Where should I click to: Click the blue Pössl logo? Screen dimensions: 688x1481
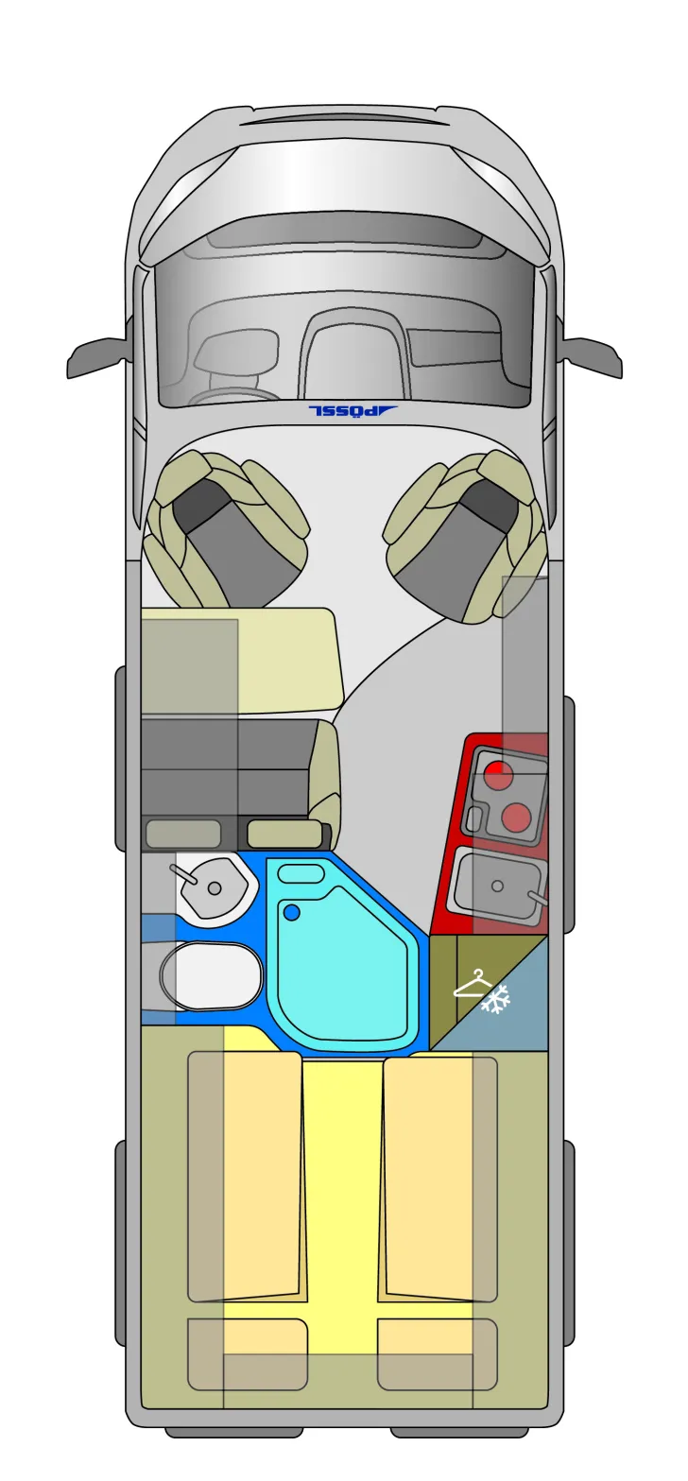coord(353,410)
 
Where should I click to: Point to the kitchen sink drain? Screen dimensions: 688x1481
coord(497,886)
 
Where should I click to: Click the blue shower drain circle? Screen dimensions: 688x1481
coord(291,913)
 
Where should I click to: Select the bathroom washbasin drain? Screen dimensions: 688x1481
coord(215,888)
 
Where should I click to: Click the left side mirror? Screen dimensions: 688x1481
coord(96,357)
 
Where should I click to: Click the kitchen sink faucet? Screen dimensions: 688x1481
coord(538,897)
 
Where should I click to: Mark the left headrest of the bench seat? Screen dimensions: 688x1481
coord(183,834)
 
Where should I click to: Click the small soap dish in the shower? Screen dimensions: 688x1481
coord(301,872)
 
